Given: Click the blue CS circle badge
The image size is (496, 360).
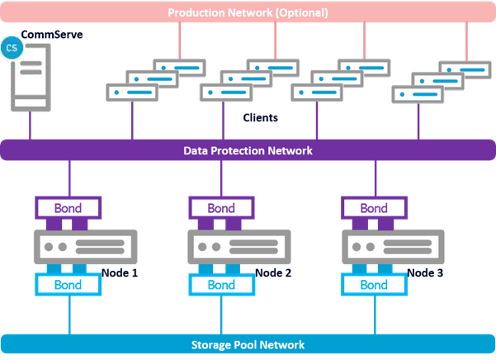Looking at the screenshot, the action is click(12, 48).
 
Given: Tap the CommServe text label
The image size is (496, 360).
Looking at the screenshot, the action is click(52, 35).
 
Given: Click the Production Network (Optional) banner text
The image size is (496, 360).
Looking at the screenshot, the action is click(248, 12).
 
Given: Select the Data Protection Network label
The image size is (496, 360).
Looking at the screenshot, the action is click(248, 150).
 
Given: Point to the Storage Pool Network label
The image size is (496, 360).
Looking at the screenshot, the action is click(248, 344).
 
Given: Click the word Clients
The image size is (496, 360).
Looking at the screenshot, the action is click(260, 118).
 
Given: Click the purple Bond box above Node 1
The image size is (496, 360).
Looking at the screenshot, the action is click(68, 208).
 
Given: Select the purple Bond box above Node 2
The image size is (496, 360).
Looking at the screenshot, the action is click(221, 208).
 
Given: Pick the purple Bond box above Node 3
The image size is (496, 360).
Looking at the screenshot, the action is click(374, 208).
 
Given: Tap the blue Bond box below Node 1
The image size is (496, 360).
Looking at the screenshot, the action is click(68, 285).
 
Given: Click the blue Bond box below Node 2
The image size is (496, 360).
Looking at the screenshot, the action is click(221, 285).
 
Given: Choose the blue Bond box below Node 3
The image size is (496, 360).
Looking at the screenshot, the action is click(374, 285).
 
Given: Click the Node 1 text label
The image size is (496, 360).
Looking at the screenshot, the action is click(120, 272).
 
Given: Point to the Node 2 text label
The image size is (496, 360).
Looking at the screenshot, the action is click(273, 272).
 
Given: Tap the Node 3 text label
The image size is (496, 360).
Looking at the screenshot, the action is click(425, 272).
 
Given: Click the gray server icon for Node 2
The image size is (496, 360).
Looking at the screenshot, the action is click(239, 247).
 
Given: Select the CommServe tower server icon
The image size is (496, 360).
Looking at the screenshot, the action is click(31, 78).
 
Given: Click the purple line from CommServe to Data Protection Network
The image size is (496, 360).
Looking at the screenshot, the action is click(30, 126).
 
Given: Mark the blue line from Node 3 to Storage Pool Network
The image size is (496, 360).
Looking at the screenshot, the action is click(375, 315).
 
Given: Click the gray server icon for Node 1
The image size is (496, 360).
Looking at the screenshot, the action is click(85, 247).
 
